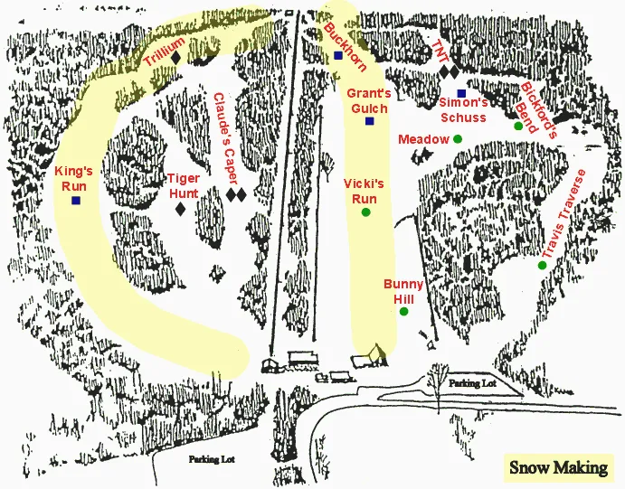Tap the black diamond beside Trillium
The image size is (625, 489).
tap(176, 57)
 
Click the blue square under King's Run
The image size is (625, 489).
tap(76, 200)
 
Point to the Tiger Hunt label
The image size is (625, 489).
tap(184, 185)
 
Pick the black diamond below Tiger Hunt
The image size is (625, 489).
tap(181, 209)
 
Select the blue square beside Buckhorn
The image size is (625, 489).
tap(337, 56)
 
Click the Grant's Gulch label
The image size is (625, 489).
tap(369, 101)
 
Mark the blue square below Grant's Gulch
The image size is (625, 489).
tap(369, 121)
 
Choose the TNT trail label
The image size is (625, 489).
tap(440, 52)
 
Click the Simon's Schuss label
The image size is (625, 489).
tap(464, 110)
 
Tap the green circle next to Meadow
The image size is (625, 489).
tap(458, 138)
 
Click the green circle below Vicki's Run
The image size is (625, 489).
tap(366, 212)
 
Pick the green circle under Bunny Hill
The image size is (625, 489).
tap(403, 311)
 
